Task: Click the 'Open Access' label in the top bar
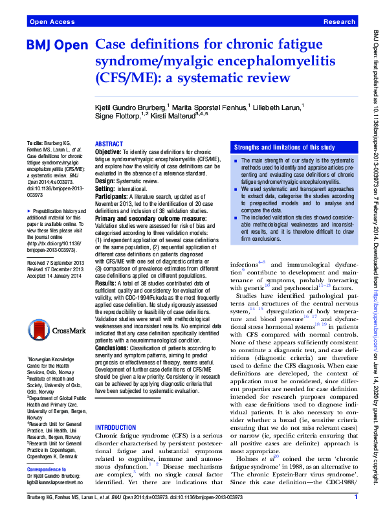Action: pyautogui.click(x=51, y=22)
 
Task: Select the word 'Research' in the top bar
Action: pyautogui.click(x=338, y=22)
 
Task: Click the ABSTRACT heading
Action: pyautogui.click(x=109, y=144)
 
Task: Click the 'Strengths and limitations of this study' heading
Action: pyautogui.click(x=284, y=148)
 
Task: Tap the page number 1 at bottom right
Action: pyautogui.click(x=357, y=497)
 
